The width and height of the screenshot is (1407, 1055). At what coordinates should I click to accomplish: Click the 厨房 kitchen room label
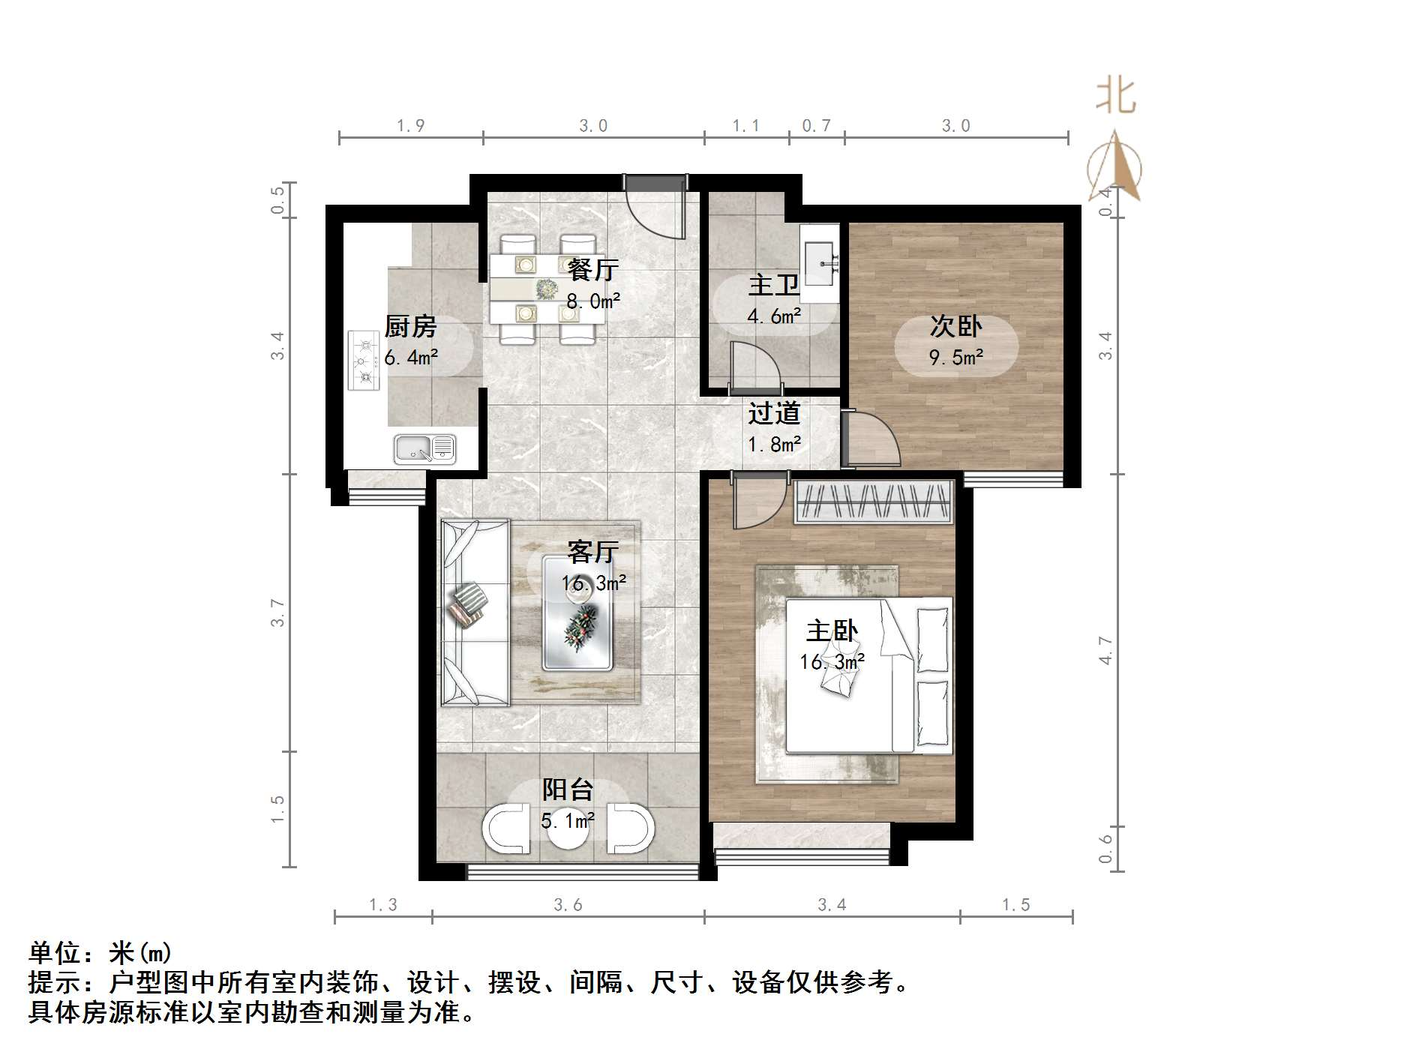[409, 327]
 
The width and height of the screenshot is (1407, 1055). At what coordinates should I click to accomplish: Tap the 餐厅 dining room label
[592, 269]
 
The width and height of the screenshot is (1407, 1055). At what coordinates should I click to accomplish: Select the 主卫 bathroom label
[773, 286]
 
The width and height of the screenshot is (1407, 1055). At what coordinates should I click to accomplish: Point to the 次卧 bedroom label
[955, 326]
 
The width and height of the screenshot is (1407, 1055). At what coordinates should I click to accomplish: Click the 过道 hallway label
[774, 413]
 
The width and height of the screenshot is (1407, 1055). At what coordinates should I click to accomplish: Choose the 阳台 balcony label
[567, 790]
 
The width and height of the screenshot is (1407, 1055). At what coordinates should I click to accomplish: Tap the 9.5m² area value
[955, 358]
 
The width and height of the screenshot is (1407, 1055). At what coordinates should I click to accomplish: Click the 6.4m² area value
[410, 358]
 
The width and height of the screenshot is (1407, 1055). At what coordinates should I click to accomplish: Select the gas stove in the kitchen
[364, 361]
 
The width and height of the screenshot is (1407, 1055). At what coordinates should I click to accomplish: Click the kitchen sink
[424, 449]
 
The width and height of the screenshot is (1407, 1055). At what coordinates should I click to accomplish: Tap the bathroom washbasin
[820, 262]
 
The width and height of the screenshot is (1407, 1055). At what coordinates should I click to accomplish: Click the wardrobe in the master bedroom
[873, 502]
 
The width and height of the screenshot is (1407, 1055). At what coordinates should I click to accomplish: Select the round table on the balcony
[567, 829]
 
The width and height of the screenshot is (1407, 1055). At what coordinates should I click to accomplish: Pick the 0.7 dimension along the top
[816, 126]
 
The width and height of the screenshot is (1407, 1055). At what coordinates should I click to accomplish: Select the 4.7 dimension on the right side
[1105, 649]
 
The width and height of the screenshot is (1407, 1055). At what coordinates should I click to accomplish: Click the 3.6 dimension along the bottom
[568, 905]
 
